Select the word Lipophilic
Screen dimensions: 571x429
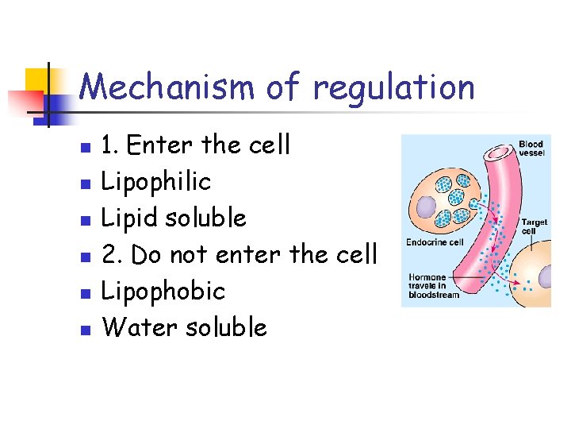pyautogui.click(x=156, y=182)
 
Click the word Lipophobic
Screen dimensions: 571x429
pyautogui.click(x=164, y=291)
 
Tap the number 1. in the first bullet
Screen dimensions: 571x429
pyautogui.click(x=111, y=145)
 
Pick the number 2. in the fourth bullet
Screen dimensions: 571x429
pyautogui.click(x=113, y=254)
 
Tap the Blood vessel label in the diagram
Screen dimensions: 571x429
pyautogui.click(x=531, y=148)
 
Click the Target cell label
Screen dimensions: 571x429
pyautogui.click(x=533, y=226)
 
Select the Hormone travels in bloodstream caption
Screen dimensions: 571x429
pyautogui.click(x=435, y=286)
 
